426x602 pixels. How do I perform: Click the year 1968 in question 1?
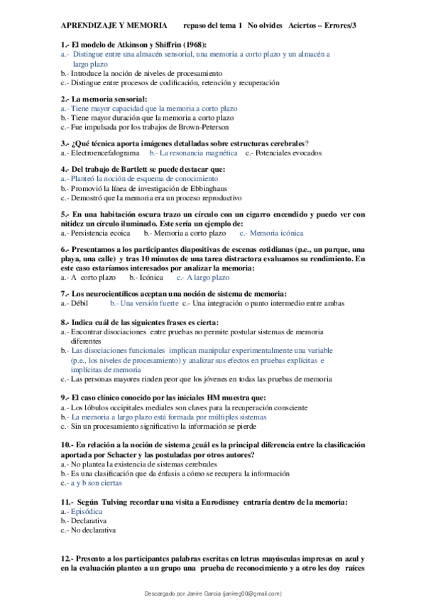tap(183, 44)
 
